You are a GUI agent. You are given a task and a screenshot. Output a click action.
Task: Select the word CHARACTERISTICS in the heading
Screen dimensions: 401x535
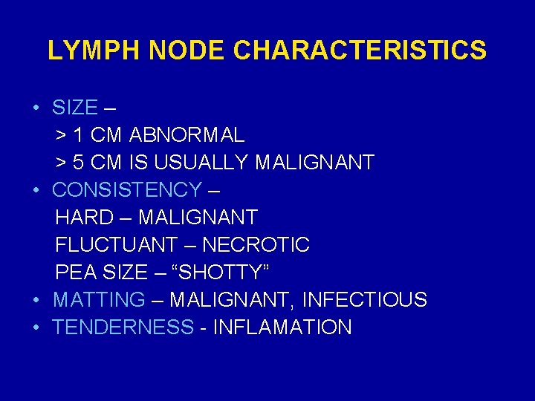click(360, 50)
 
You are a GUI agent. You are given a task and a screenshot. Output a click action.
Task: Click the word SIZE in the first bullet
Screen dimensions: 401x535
click(74, 108)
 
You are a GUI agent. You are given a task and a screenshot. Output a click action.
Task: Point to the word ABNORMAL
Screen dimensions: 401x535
click(187, 135)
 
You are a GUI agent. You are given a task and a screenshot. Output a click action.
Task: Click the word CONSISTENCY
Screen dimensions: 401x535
click(126, 190)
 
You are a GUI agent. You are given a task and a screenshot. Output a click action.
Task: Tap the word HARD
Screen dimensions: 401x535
click(84, 218)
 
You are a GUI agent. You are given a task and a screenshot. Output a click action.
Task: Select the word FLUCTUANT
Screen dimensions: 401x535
click(117, 245)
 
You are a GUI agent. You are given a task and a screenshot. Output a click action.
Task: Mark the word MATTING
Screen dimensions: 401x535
click(99, 300)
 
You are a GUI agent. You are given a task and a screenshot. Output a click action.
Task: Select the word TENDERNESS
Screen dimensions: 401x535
click(123, 327)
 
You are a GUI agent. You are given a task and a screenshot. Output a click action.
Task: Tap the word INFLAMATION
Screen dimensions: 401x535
click(282, 327)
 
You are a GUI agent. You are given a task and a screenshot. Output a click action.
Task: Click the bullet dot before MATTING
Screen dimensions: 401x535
click(36, 300)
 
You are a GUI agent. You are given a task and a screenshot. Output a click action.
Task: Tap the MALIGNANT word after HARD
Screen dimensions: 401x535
click(198, 218)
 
